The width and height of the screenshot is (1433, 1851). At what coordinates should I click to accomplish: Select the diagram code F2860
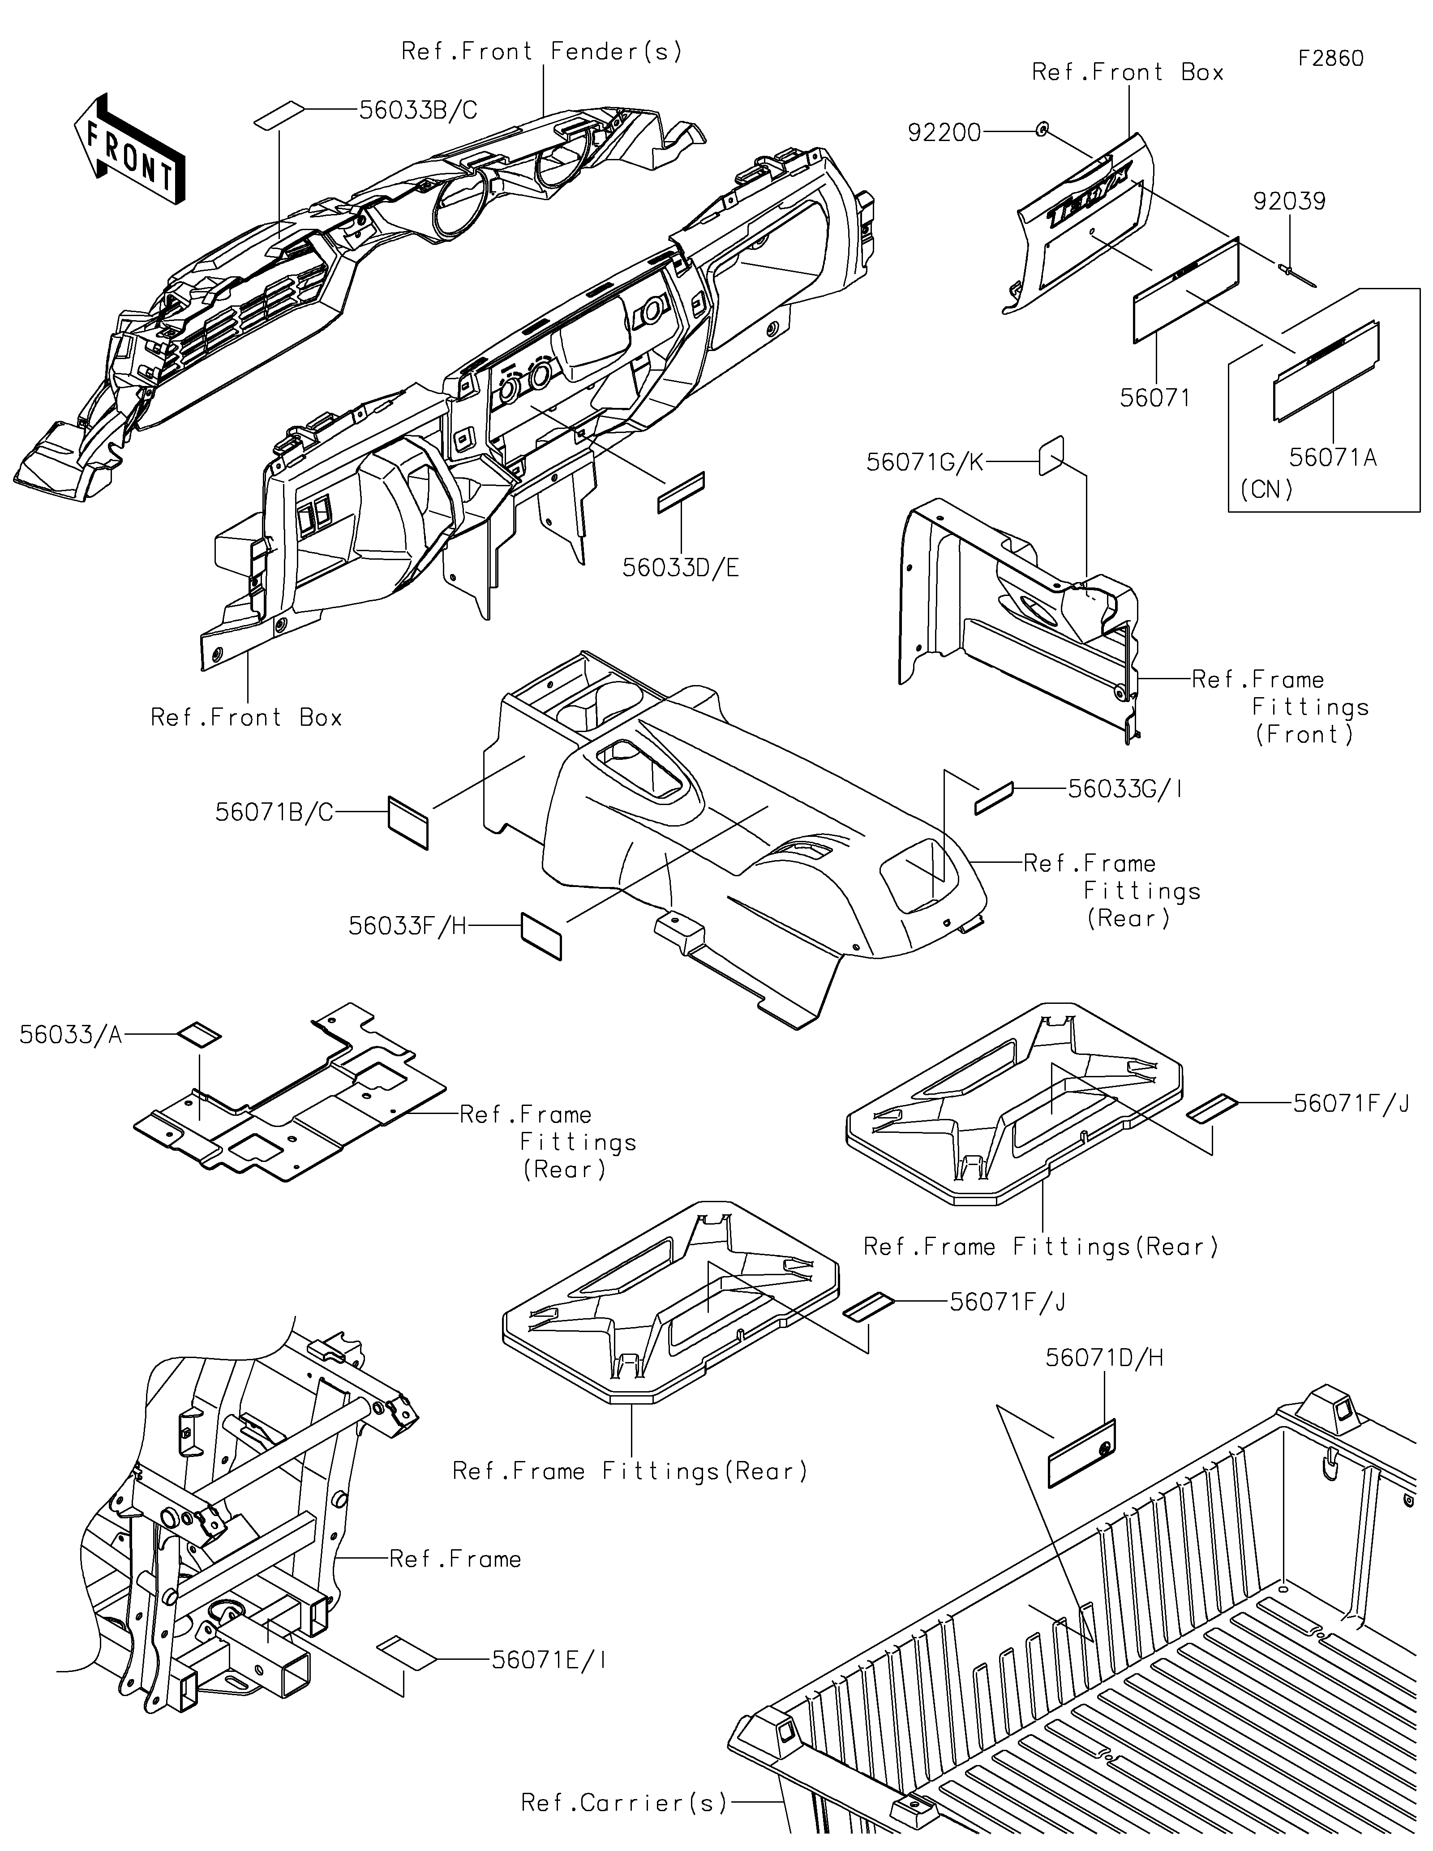tap(1330, 59)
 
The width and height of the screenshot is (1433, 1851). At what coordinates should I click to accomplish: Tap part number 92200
tap(944, 132)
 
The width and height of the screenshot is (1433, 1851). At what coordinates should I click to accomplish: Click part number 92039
tap(1289, 201)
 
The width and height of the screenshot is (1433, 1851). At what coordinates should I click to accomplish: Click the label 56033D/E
tap(681, 568)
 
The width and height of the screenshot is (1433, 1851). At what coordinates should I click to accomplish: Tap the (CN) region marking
tap(1266, 490)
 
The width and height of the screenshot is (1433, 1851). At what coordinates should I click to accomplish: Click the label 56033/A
tap(71, 1035)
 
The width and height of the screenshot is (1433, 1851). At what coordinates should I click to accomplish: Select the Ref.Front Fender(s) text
tap(541, 51)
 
